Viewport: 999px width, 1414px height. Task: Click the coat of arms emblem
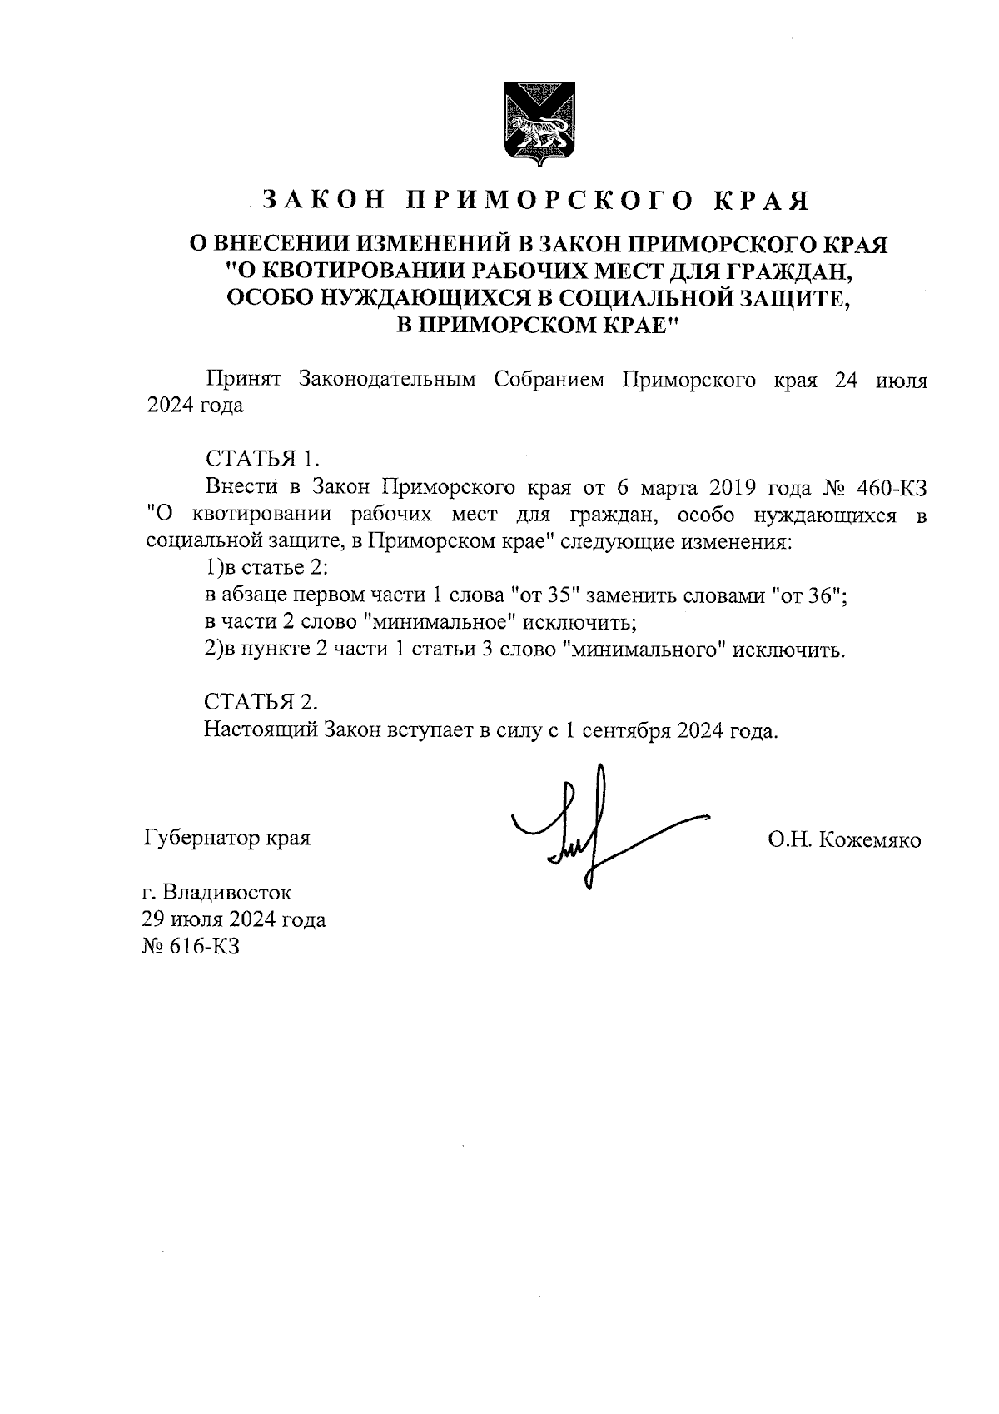pyautogui.click(x=534, y=124)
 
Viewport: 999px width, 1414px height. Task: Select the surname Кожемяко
pyautogui.click(x=870, y=840)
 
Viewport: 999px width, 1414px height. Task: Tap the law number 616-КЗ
pyautogui.click(x=204, y=946)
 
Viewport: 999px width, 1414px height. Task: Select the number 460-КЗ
pyautogui.click(x=892, y=486)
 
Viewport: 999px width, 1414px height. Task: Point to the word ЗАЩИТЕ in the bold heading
pyautogui.click(x=794, y=297)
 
